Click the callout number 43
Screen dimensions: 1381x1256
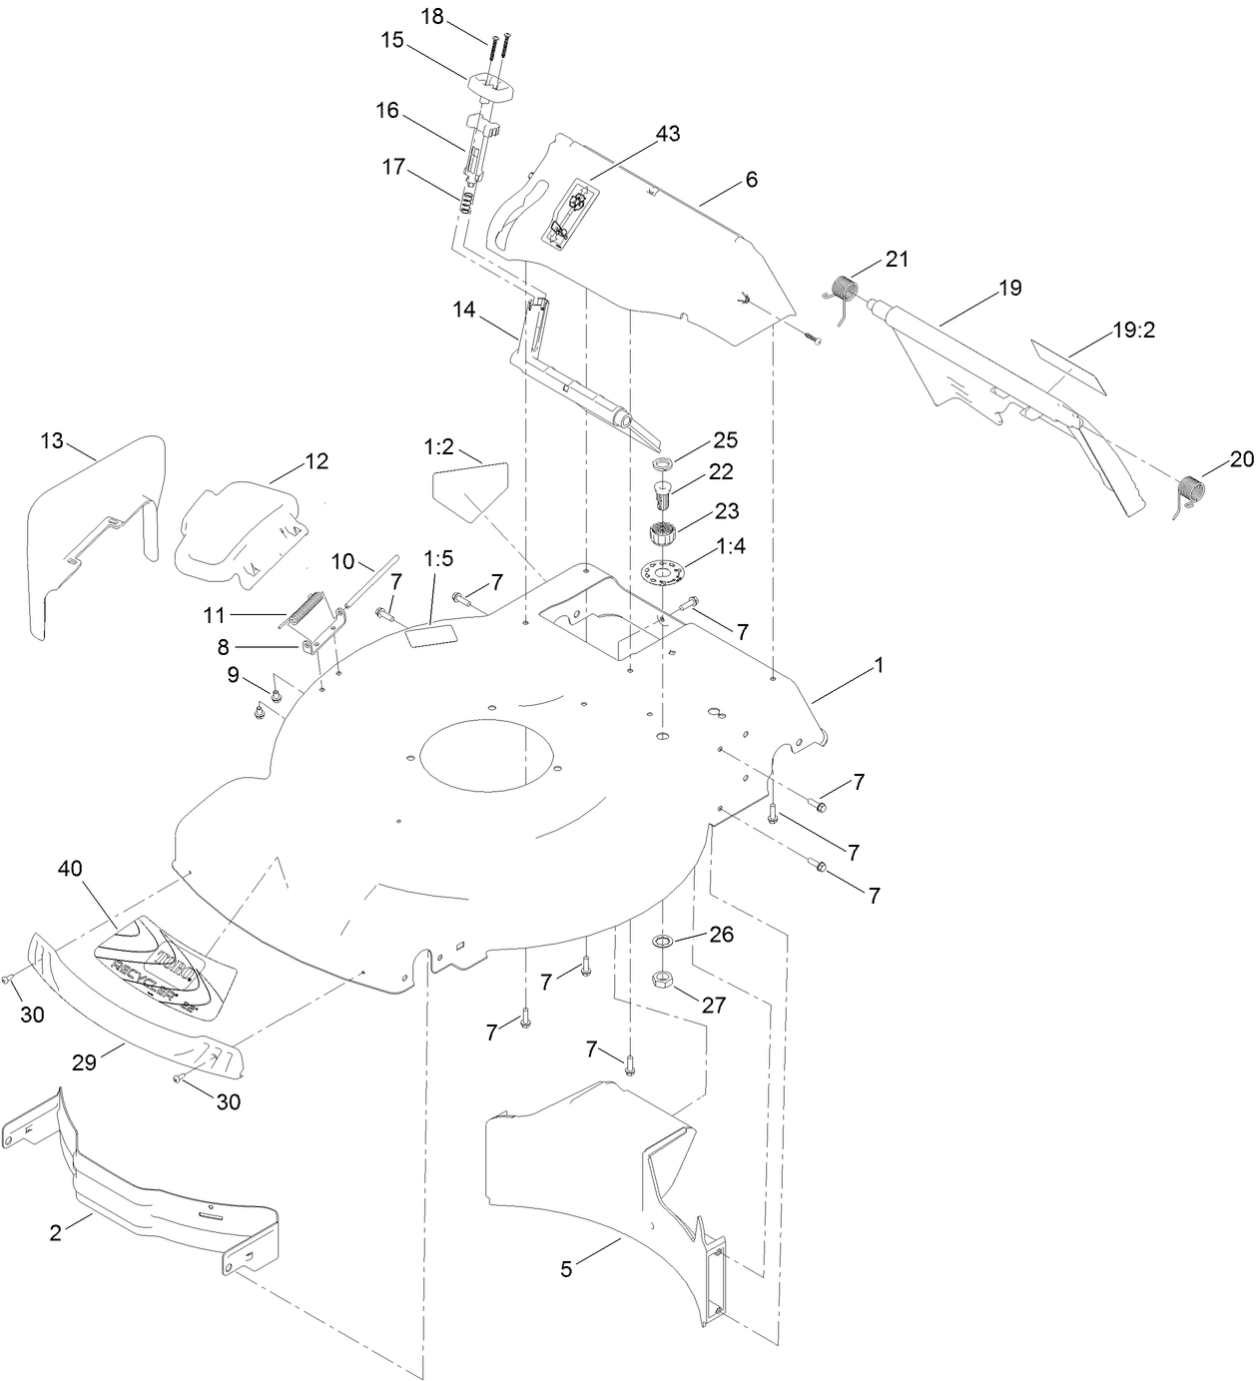(668, 133)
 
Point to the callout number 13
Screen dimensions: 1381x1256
(52, 440)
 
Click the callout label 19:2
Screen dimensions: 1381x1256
(1133, 331)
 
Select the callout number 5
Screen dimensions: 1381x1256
(566, 1269)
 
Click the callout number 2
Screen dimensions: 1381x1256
(56, 1232)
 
